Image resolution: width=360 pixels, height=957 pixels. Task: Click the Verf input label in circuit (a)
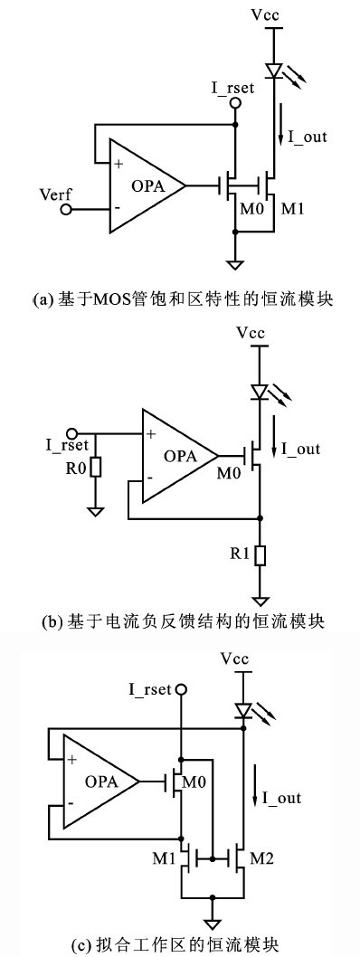[56, 194]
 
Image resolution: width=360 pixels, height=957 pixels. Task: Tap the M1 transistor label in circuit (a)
[293, 210]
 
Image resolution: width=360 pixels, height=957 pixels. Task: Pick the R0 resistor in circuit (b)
[94, 469]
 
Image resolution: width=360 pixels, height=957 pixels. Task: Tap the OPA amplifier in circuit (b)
[177, 455]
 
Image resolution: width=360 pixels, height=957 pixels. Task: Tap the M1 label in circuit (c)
[164, 854]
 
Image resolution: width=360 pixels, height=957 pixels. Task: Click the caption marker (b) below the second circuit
[52, 621]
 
